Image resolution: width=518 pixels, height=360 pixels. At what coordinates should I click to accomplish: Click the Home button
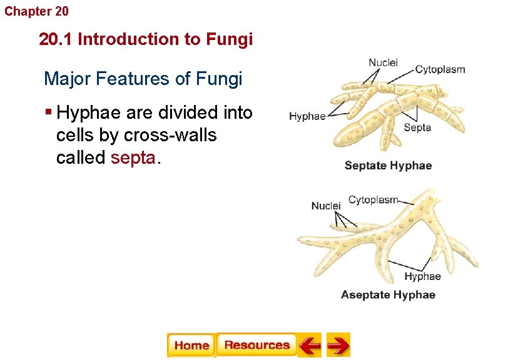point(191,345)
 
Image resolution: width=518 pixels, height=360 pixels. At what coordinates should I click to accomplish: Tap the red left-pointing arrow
point(309,345)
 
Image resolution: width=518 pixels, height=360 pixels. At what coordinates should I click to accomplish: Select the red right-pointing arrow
point(338,345)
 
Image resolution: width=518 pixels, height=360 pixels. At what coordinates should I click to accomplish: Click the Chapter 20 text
point(37,11)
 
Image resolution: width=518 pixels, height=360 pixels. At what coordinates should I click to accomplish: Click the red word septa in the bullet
point(133,157)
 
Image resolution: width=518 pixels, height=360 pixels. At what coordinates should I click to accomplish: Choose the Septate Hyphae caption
point(388,166)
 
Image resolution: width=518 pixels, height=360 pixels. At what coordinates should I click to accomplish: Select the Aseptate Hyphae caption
point(388,294)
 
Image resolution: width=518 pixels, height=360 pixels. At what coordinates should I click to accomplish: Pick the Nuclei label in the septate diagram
point(383,62)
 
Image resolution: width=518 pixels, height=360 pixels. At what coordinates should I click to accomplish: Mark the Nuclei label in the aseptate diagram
point(326,206)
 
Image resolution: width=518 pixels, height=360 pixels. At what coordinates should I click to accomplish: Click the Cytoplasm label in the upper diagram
point(440,69)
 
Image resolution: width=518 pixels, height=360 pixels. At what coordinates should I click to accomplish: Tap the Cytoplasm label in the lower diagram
point(373,200)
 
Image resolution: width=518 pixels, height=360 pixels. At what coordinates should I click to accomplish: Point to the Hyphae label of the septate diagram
point(307,116)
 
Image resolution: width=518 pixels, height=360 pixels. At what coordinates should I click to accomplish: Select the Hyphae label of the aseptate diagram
point(422,276)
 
